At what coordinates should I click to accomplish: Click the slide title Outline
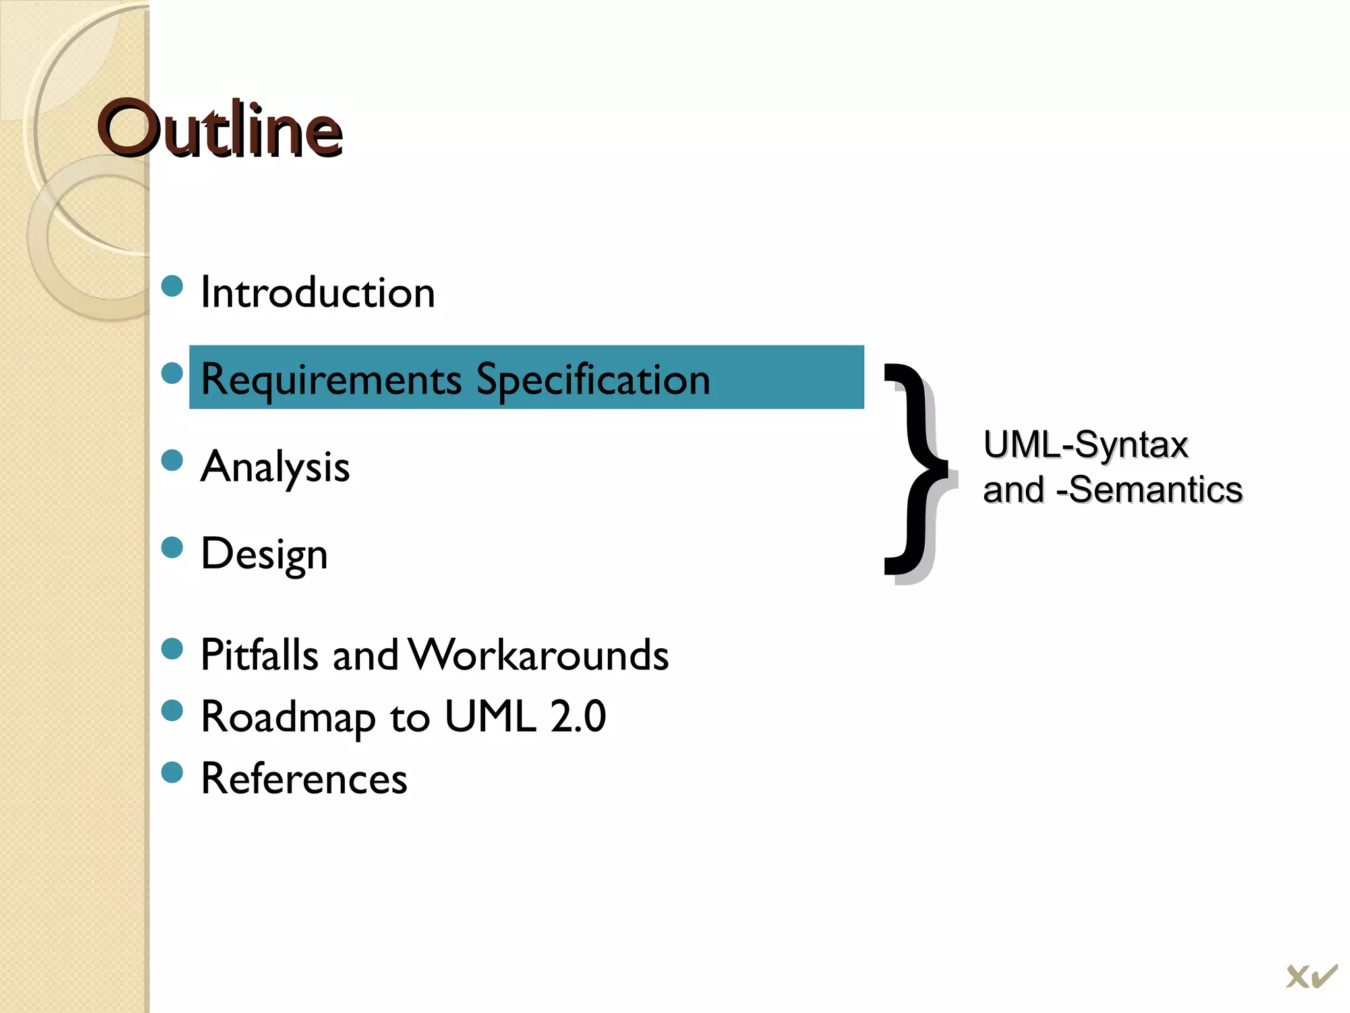(220, 130)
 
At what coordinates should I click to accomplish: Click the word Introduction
(317, 292)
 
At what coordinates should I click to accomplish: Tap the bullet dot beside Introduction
(172, 286)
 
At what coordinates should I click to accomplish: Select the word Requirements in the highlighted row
(331, 380)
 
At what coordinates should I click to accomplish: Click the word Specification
(593, 380)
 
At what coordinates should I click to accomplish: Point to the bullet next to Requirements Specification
(172, 373)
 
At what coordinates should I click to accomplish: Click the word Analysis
(275, 467)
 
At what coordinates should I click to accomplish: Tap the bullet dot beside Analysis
(172, 460)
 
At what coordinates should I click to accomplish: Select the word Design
(264, 554)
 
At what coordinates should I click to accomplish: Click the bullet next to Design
(172, 547)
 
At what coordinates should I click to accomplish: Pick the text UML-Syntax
(1085, 445)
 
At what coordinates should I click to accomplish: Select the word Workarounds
(539, 655)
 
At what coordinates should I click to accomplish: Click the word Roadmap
(288, 717)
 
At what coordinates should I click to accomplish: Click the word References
(304, 779)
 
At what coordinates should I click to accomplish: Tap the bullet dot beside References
(172, 772)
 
